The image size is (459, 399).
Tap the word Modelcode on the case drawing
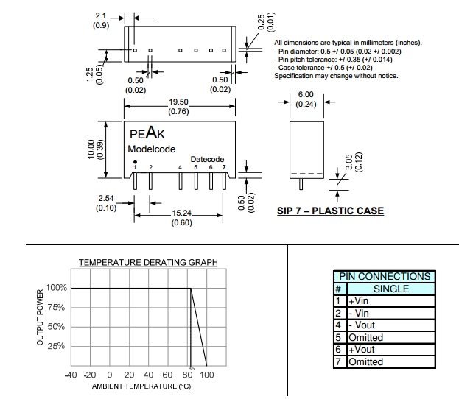point(152,149)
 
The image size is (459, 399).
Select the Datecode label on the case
point(207,159)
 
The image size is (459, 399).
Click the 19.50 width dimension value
point(179,103)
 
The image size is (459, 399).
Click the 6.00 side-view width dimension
point(306,95)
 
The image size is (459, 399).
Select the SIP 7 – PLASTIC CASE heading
point(330,211)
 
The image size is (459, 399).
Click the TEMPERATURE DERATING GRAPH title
point(148,263)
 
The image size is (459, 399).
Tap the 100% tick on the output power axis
point(57,288)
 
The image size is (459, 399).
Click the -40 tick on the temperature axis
point(71,375)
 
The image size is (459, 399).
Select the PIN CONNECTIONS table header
point(383,276)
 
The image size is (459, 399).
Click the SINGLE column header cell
point(390,289)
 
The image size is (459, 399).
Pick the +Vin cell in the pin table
point(360,300)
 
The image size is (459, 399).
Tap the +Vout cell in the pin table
point(363,350)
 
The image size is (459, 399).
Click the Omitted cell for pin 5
point(365,337)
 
